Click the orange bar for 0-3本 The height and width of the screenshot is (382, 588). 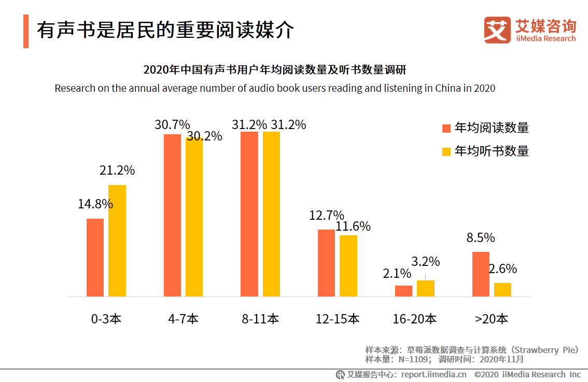(x=95, y=258)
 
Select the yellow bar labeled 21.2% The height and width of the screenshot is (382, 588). (x=117, y=240)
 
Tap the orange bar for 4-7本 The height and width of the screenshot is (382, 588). (x=172, y=215)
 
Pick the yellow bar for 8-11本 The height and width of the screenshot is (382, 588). (x=271, y=214)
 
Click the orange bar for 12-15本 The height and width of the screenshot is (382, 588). (x=326, y=263)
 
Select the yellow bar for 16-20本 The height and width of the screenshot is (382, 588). (x=425, y=288)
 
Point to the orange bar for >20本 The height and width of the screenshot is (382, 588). (x=481, y=274)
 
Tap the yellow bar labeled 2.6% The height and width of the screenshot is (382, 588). (x=502, y=290)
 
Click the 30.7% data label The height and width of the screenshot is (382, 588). (x=172, y=125)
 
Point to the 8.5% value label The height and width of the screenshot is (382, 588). (x=481, y=238)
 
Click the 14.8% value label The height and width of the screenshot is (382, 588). (x=95, y=204)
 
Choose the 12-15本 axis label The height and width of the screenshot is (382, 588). (x=337, y=319)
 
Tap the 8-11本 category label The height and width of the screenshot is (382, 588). (x=260, y=319)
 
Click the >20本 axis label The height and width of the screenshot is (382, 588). (x=491, y=319)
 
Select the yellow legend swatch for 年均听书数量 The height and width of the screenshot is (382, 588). (x=446, y=151)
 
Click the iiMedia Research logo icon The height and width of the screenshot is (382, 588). (x=497, y=30)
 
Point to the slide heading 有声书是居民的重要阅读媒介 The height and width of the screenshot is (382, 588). (x=165, y=31)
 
